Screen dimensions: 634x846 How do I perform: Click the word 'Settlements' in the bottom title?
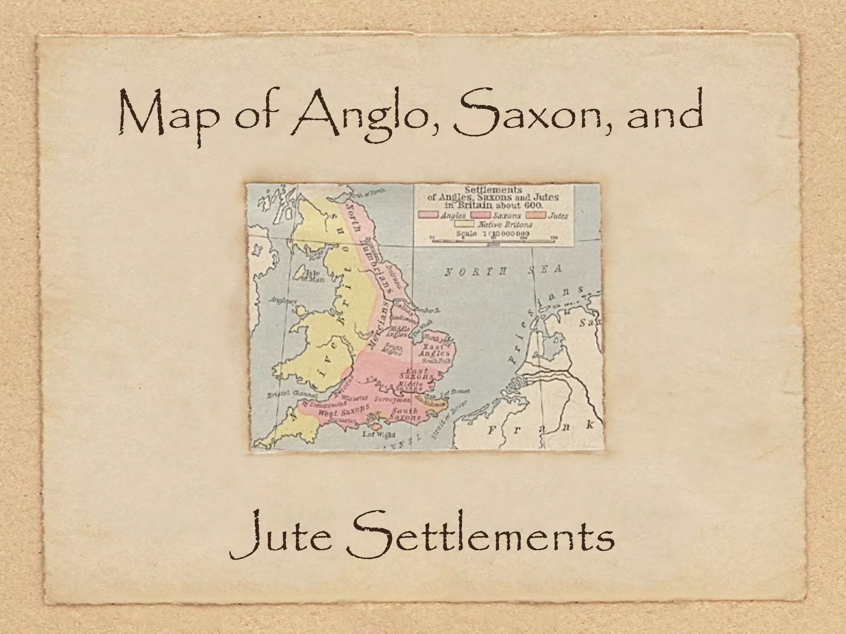(479, 536)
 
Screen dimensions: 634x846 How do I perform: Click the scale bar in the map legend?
(494, 240)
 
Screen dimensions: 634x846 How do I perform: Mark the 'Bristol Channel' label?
(286, 394)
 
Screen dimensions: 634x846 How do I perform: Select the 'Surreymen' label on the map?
(392, 400)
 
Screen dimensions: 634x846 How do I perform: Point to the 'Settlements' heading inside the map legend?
(493, 190)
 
